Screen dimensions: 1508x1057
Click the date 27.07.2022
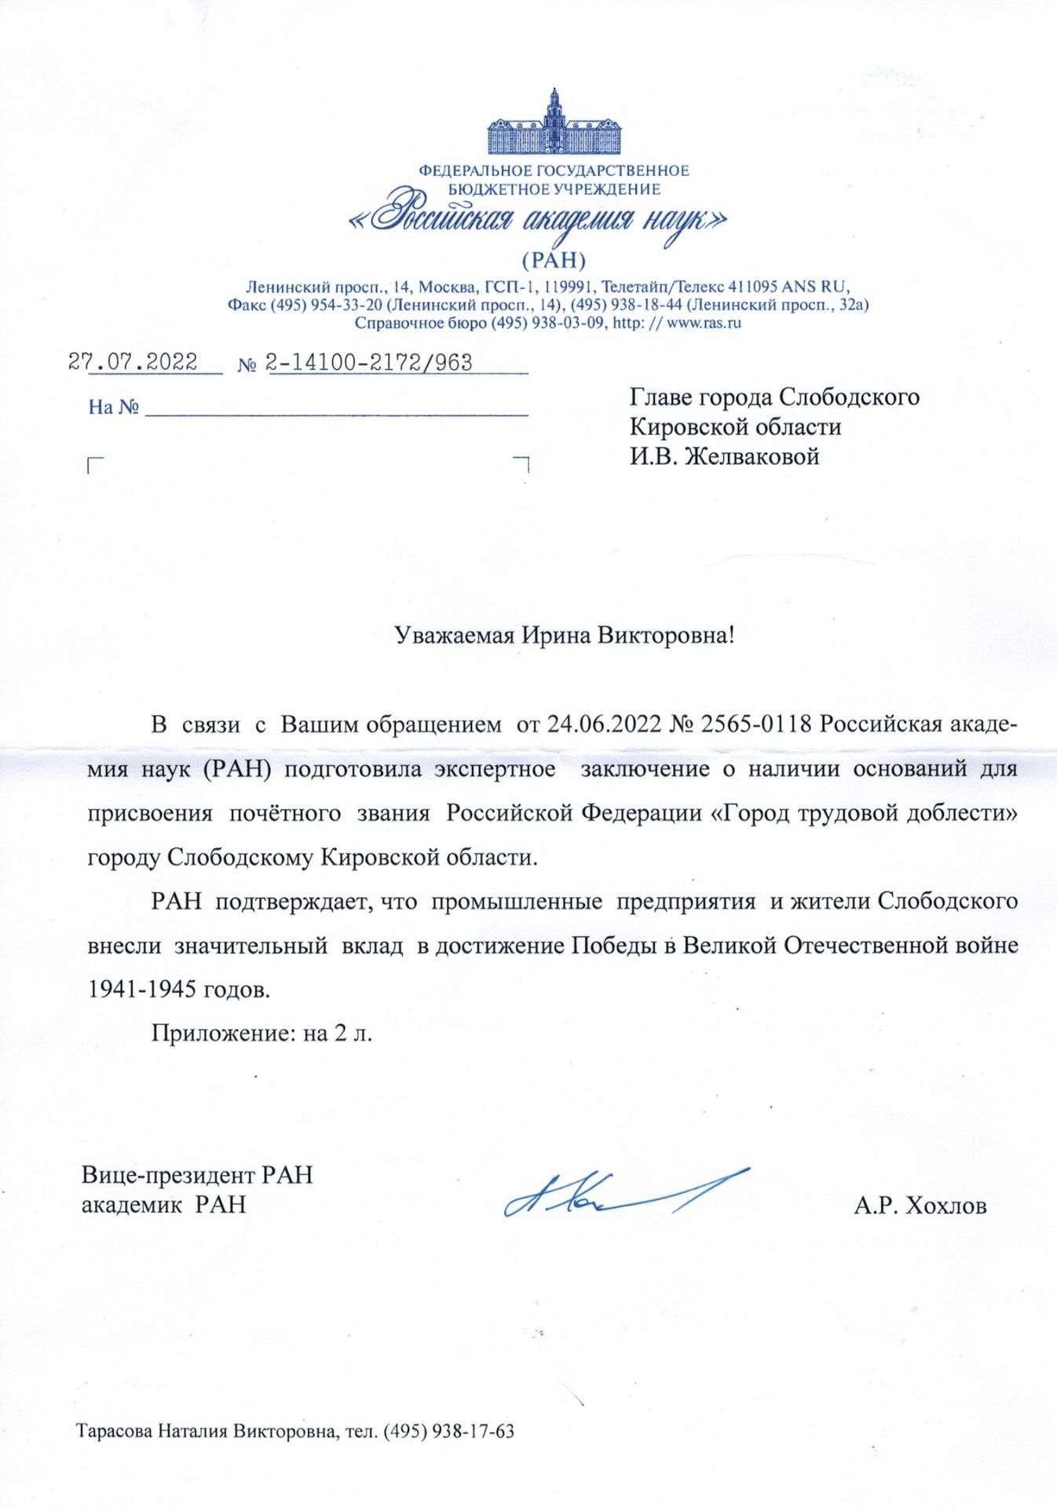click(133, 362)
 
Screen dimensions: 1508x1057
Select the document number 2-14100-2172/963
click(369, 363)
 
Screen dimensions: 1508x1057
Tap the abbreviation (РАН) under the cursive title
click(554, 260)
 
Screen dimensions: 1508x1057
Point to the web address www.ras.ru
click(704, 323)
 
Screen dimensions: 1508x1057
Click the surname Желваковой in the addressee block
click(752, 456)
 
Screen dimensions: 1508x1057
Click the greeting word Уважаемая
click(454, 635)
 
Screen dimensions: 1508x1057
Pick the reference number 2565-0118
click(755, 724)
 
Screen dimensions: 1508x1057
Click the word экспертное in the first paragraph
click(495, 768)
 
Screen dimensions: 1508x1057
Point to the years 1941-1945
click(142, 989)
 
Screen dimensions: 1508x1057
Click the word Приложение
click(223, 1033)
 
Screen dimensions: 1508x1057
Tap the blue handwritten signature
click(620, 1194)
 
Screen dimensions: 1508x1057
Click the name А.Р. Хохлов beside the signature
click(920, 1206)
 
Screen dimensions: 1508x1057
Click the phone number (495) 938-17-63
click(448, 1431)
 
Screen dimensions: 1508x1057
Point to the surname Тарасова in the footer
click(115, 1431)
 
